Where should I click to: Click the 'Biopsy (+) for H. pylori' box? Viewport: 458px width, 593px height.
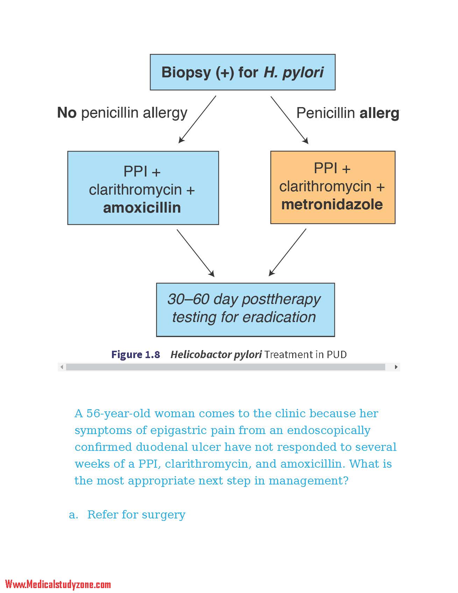click(242, 72)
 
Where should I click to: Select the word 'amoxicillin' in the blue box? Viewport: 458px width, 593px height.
click(142, 208)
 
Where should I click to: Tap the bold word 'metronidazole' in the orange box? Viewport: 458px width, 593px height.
click(332, 204)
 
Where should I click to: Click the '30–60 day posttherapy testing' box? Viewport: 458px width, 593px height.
click(245, 310)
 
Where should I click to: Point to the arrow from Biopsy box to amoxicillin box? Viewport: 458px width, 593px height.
click(197, 119)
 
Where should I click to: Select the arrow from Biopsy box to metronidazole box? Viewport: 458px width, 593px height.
click(290, 120)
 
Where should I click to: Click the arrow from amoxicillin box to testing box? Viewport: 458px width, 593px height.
click(196, 253)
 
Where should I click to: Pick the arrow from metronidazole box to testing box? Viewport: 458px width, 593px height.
click(288, 252)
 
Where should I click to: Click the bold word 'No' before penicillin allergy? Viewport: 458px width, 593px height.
click(67, 113)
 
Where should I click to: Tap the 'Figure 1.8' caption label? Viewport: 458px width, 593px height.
click(136, 355)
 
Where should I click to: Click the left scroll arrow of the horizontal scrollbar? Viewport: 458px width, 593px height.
click(62, 367)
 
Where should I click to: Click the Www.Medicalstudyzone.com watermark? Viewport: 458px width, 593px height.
click(58, 584)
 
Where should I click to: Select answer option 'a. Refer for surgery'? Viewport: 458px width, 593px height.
click(127, 515)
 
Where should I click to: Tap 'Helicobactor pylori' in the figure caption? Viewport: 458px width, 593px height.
click(216, 355)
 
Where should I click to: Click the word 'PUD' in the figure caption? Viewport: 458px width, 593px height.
click(337, 355)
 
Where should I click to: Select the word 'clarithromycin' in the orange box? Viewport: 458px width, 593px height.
click(325, 187)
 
